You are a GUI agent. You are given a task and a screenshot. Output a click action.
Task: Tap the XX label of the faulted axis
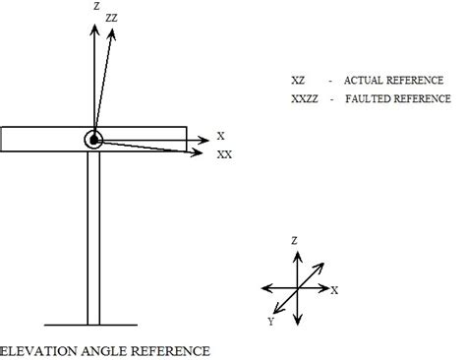pos(225,154)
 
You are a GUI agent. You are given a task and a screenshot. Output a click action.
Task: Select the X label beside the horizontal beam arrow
pos(222,137)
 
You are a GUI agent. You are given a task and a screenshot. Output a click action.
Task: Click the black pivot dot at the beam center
pos(93,140)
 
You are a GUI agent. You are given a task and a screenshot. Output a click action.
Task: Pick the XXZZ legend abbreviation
pos(305,98)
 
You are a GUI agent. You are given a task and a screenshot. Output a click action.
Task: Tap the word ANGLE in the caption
pos(100,349)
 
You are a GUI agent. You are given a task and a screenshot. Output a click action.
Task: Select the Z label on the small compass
pos(294,239)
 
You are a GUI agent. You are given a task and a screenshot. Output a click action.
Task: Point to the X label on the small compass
pos(335,290)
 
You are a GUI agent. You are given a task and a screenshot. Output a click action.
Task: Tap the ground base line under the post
pos(93,325)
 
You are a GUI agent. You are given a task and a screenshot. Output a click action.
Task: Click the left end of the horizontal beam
pos(6,139)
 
